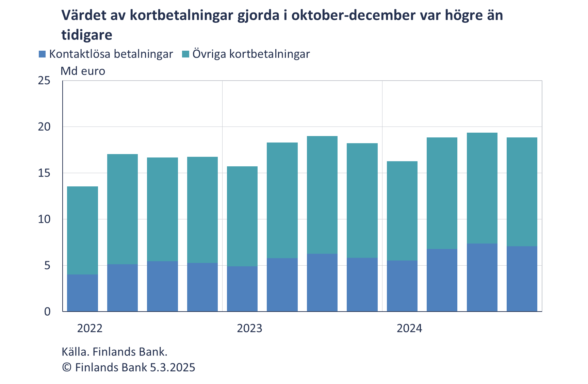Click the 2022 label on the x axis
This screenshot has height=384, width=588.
[90, 328]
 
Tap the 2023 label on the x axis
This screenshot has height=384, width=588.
[249, 328]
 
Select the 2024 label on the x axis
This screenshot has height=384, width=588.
[409, 328]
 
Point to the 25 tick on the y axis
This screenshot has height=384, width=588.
[44, 81]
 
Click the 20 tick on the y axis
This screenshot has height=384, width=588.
[44, 127]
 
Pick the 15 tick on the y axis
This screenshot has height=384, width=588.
[44, 173]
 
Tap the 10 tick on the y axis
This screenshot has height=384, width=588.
[44, 219]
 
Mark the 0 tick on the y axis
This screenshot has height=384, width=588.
[47, 312]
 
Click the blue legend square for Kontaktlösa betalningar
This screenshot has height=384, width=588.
[43, 54]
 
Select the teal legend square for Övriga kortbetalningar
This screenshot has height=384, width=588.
[186, 54]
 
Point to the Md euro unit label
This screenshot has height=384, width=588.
[83, 71]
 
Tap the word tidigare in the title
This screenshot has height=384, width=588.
[87, 35]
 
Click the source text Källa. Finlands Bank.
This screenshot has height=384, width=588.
[114, 352]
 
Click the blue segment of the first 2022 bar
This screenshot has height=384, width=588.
[82, 293]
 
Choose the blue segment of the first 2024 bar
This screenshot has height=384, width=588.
[402, 286]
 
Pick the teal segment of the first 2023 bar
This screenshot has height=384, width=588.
[242, 216]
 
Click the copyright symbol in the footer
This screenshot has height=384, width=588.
[67, 368]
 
